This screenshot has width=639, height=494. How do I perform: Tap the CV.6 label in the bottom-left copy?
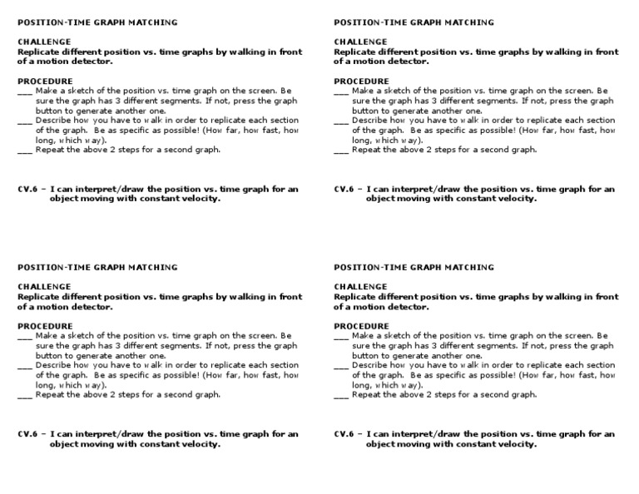tap(28, 433)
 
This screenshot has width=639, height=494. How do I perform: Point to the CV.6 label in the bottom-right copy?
tap(344, 433)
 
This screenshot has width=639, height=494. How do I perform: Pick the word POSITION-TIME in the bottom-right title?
tap(367, 267)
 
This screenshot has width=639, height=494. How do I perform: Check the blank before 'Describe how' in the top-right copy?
tap(341, 121)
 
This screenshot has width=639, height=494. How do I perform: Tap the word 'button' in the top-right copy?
tap(365, 111)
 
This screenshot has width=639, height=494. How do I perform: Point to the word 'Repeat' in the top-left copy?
tap(50, 151)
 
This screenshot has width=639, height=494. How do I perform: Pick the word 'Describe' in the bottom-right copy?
tap(370, 365)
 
